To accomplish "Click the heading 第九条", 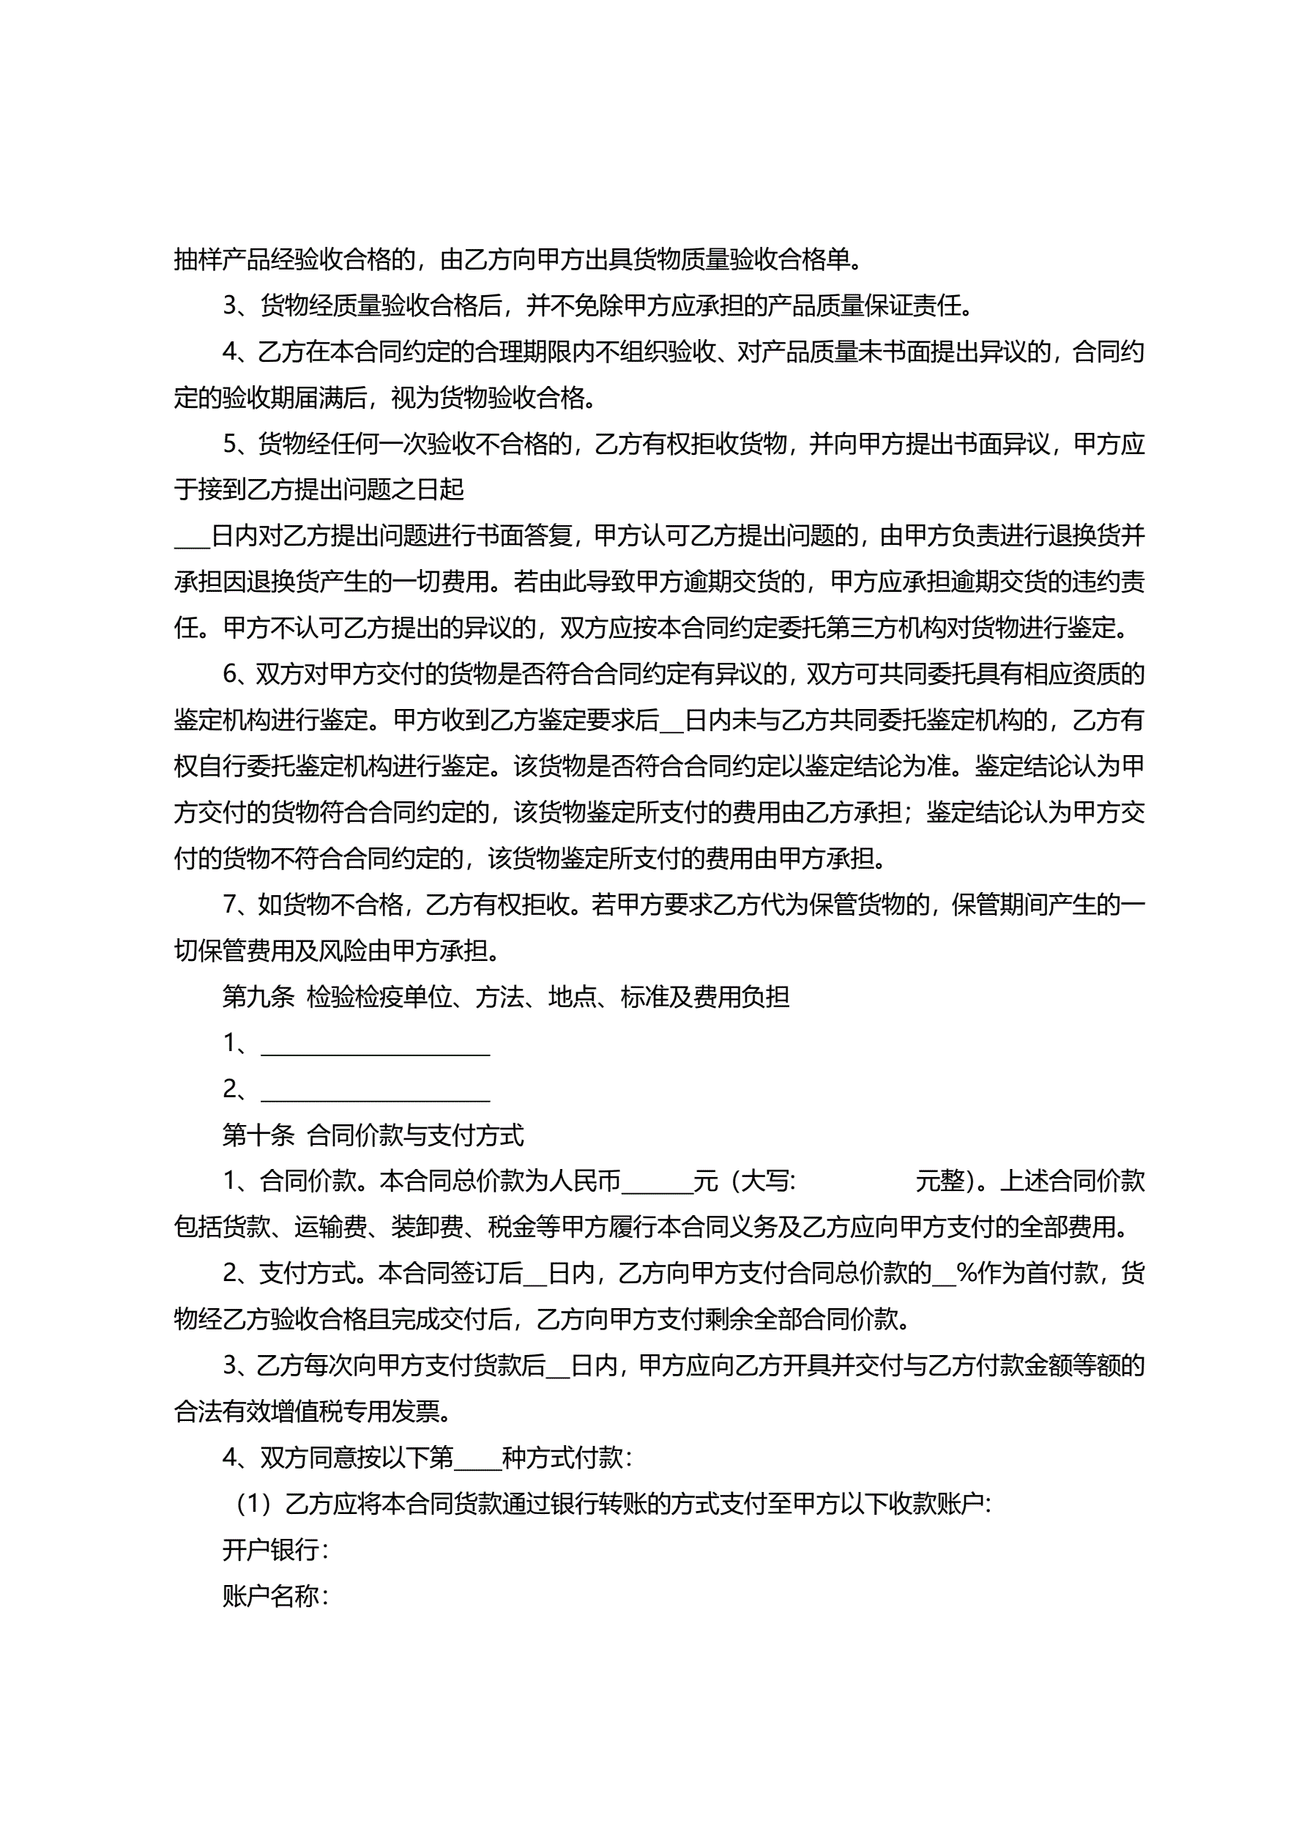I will (x=258, y=997).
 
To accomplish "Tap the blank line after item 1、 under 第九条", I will (x=376, y=1047).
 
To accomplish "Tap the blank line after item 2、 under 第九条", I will (x=376, y=1092).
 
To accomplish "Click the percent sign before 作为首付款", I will (x=966, y=1273).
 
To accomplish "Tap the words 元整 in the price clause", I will (x=940, y=1181).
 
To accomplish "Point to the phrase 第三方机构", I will (x=885, y=628).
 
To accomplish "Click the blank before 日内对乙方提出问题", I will (x=192, y=538).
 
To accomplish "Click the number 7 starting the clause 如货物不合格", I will (x=229, y=905).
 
